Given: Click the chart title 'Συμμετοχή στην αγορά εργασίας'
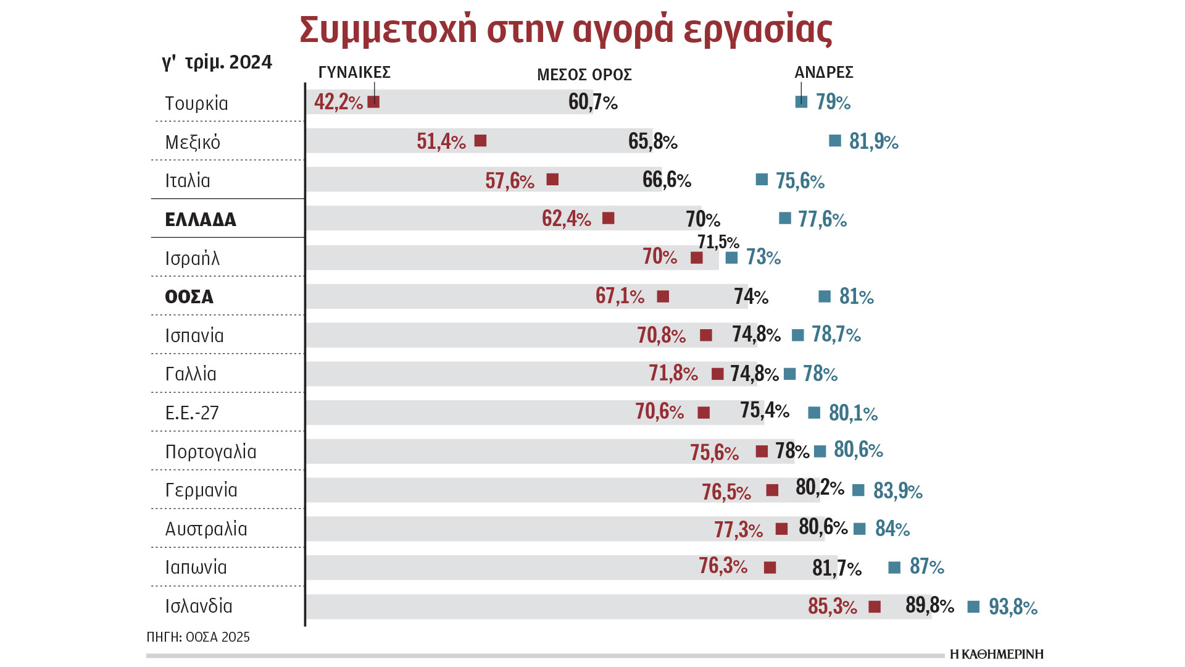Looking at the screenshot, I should pos(566,29).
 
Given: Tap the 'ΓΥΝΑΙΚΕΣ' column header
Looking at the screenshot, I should pos(354,72).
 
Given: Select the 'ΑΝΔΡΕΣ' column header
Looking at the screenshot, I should pos(823,72).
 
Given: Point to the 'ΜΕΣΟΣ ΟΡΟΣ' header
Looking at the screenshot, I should pos(584,75).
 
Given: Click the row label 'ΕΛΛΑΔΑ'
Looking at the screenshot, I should pos(201,220).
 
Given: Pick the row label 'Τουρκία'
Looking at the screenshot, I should pos(196,103).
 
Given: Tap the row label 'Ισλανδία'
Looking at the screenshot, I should pos(198,606).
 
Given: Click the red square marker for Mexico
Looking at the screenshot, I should pos(480,141).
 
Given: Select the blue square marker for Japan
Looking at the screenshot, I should pos(894,567).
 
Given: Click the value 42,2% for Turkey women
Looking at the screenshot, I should pos(338,102).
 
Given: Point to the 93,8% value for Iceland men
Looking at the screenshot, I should pos(1012,606).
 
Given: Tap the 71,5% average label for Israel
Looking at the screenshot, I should pos(718,241).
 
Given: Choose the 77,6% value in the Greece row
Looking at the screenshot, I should pos(821,219).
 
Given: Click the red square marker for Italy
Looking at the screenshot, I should pos(552,180).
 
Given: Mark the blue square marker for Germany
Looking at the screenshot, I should pos(858,490).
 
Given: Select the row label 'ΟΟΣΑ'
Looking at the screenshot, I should pos(189,296).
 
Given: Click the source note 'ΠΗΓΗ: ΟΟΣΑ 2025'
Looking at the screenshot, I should pos(198,637).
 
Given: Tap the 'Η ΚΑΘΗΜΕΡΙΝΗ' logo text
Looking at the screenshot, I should pos(996,654).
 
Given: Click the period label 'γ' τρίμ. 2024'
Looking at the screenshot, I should pos(217,62).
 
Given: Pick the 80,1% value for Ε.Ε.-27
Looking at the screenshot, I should pos(852,413).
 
